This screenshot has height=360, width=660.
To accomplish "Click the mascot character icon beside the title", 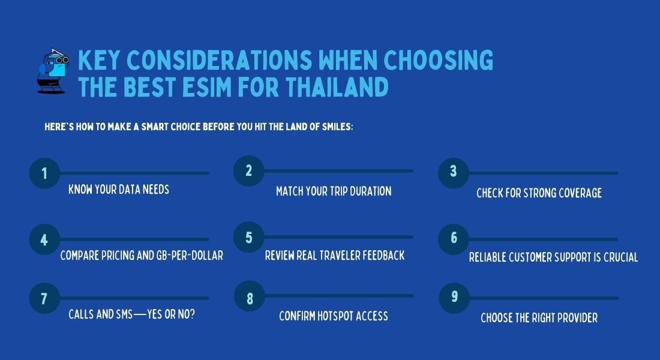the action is pyautogui.click(x=53, y=71).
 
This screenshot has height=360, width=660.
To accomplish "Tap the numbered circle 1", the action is pyautogui.click(x=44, y=173).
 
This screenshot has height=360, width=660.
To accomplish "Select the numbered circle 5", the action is pyautogui.click(x=249, y=237).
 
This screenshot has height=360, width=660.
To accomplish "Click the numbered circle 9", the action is pyautogui.click(x=454, y=298).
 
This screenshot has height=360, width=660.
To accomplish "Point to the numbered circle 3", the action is pyautogui.click(x=454, y=173).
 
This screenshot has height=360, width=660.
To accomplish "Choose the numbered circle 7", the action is pyautogui.click(x=44, y=298).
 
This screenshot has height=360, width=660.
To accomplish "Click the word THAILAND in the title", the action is pyautogui.click(x=337, y=87).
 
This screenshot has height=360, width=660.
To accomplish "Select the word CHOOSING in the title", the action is pyautogui.click(x=438, y=60).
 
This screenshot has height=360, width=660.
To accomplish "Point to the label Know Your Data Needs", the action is pyautogui.click(x=119, y=190).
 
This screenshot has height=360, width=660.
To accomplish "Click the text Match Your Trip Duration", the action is pyautogui.click(x=334, y=191).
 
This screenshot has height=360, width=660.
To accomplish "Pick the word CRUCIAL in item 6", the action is pyautogui.click(x=621, y=257).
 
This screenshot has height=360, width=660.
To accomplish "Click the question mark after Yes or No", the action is pyautogui.click(x=193, y=314).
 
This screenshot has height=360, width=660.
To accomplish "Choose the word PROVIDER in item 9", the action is pyautogui.click(x=577, y=317).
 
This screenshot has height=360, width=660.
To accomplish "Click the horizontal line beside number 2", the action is pyautogui.click(x=338, y=171).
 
